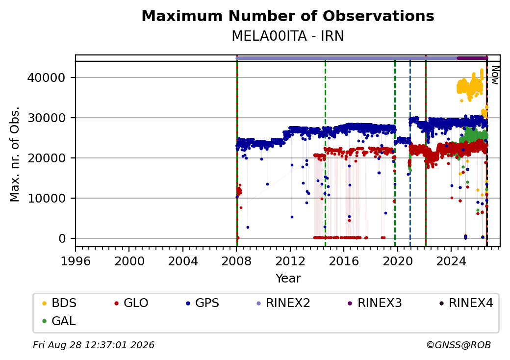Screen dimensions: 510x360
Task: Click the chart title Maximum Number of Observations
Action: coord(288,16)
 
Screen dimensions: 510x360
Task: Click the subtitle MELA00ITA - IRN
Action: coord(288,36)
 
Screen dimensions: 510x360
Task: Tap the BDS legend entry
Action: coord(60,303)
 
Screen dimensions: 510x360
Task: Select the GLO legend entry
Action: coord(131,303)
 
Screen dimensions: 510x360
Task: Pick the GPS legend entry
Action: coord(203,303)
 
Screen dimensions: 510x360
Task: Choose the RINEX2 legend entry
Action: coord(283,303)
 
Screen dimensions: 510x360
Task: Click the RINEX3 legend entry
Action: coord(375,303)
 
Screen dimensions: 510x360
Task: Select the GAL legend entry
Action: coord(59,321)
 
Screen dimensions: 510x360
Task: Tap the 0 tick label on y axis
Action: coord(62,239)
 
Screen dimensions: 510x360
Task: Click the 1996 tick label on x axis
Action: coord(76,261)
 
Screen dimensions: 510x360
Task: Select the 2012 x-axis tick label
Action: coord(290,261)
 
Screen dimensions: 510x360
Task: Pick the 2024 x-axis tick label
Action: coord(451,261)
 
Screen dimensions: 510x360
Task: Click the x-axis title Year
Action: coord(288,279)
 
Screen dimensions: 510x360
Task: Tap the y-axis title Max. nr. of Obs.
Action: coord(15,154)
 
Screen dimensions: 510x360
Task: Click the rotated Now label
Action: coord(495,75)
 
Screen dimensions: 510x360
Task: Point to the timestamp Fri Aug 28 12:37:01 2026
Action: coord(94,345)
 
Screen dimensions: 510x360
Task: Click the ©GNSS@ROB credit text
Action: coord(459,345)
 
